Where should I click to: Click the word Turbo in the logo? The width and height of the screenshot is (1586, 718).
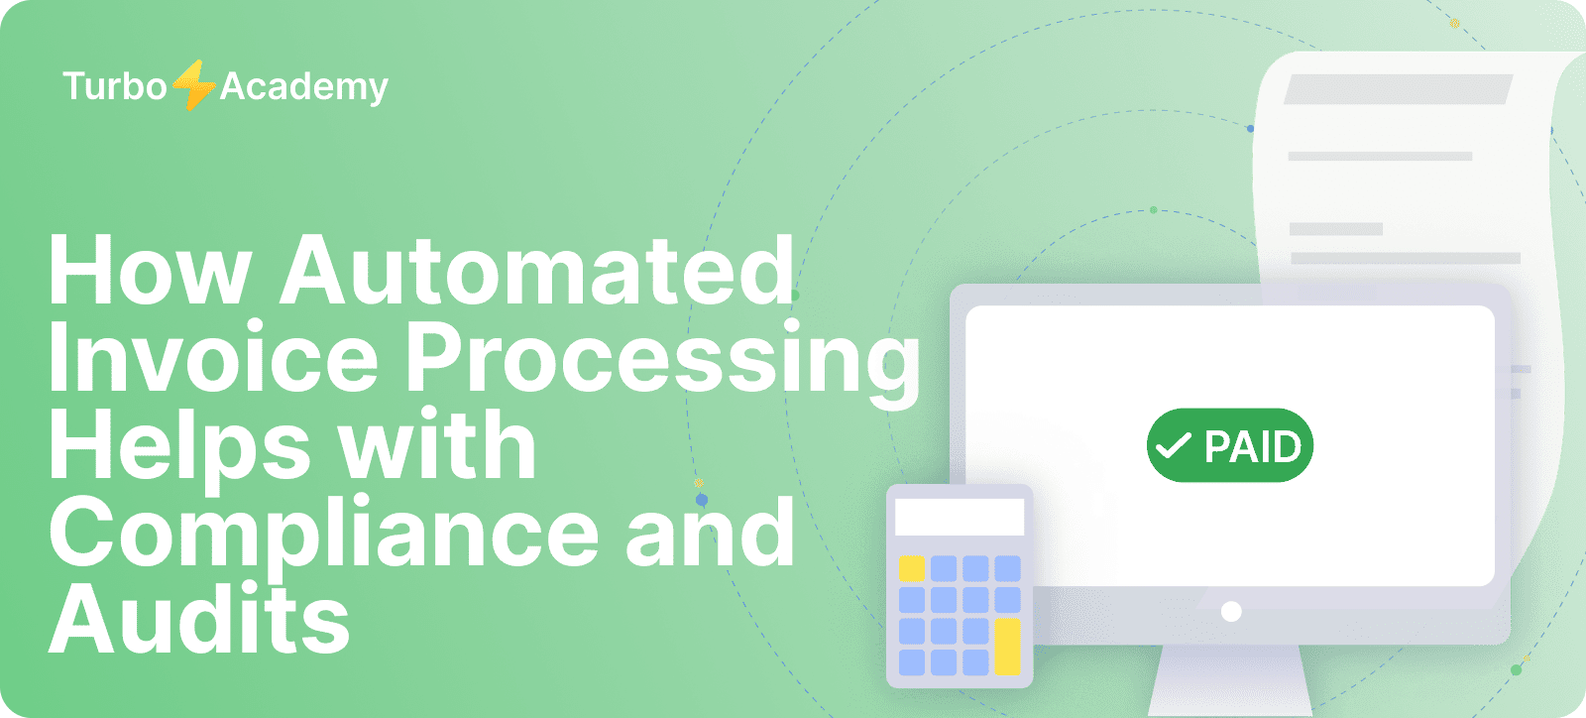coord(115,86)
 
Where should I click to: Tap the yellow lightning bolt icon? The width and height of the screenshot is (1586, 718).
coord(193,85)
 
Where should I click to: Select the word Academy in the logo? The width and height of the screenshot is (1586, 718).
coord(303,88)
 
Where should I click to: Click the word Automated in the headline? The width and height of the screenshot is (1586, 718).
coord(537,271)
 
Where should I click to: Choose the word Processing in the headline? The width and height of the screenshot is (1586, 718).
coord(663,364)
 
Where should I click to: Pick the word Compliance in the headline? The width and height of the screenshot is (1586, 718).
coord(324,537)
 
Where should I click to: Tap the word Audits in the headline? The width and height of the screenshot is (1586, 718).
coord(199,618)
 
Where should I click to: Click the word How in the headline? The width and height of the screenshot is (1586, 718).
coord(150,271)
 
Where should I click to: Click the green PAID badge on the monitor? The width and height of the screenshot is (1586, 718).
coord(1230,445)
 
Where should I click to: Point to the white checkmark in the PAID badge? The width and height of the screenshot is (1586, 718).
coord(1174,446)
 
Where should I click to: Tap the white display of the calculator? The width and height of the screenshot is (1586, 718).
coord(960,518)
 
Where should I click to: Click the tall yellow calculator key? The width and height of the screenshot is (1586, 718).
coord(1007,647)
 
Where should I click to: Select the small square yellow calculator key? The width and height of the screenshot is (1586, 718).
coord(912,568)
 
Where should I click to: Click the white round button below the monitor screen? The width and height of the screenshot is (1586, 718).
coord(1231,611)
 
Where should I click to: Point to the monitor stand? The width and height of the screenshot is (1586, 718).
coord(1230,680)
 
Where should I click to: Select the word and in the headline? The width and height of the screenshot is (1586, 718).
coord(710,532)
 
